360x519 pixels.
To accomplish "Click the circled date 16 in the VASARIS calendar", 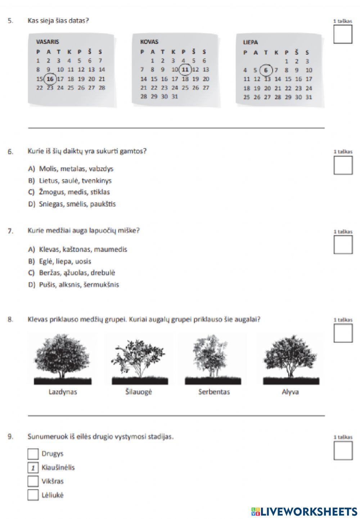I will click(50, 79).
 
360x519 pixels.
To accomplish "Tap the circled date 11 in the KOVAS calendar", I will click(185, 70).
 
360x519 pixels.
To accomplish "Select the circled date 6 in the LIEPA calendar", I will click(266, 70).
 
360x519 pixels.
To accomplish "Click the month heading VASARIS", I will click(48, 42).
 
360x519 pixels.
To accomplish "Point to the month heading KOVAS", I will click(149, 42).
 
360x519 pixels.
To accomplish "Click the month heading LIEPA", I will click(250, 42).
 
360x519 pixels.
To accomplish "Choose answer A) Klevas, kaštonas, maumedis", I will click(78, 249).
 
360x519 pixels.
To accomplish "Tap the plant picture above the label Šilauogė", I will click(139, 361).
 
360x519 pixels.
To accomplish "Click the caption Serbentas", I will click(214, 392).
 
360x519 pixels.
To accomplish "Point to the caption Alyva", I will click(290, 392).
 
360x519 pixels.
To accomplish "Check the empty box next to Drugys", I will click(33, 454).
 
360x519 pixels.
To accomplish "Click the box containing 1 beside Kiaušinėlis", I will click(33, 468).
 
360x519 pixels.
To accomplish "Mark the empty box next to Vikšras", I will click(33, 481).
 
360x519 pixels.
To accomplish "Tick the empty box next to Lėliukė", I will click(33, 495).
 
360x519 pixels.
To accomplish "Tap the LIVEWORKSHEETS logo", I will click(304, 512).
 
